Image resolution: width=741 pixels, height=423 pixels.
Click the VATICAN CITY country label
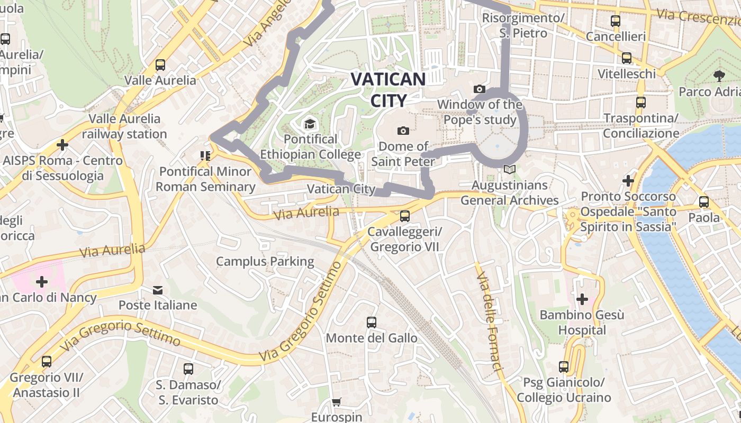point(388,89)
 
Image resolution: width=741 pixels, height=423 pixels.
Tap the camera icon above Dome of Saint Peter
point(403,131)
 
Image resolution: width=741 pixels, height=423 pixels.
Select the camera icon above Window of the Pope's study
point(480,89)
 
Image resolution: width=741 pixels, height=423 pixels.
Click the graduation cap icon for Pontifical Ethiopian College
point(310,124)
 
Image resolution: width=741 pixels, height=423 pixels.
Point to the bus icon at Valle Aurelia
point(160,65)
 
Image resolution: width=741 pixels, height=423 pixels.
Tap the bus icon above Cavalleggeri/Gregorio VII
point(405,216)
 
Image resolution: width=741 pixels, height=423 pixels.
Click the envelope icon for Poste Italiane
point(158,290)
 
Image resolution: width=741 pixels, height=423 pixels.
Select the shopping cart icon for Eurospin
point(336,402)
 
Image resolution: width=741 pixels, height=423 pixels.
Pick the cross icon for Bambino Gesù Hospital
point(582,299)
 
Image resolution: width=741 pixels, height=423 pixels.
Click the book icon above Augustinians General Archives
point(509,170)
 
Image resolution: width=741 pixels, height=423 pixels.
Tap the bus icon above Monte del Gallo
point(372,322)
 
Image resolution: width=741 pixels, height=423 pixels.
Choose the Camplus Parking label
point(265,261)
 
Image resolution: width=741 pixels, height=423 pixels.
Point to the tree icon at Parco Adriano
point(719,76)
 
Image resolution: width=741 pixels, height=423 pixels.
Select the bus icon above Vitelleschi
point(627,58)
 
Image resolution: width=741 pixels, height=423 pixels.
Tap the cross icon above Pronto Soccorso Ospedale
point(628,181)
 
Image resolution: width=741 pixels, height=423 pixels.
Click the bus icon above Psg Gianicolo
point(564,366)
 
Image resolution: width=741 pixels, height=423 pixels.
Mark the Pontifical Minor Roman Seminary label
point(205,179)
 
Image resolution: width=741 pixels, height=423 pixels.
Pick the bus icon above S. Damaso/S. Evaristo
point(188,369)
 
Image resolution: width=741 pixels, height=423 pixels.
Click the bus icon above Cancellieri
point(616,21)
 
